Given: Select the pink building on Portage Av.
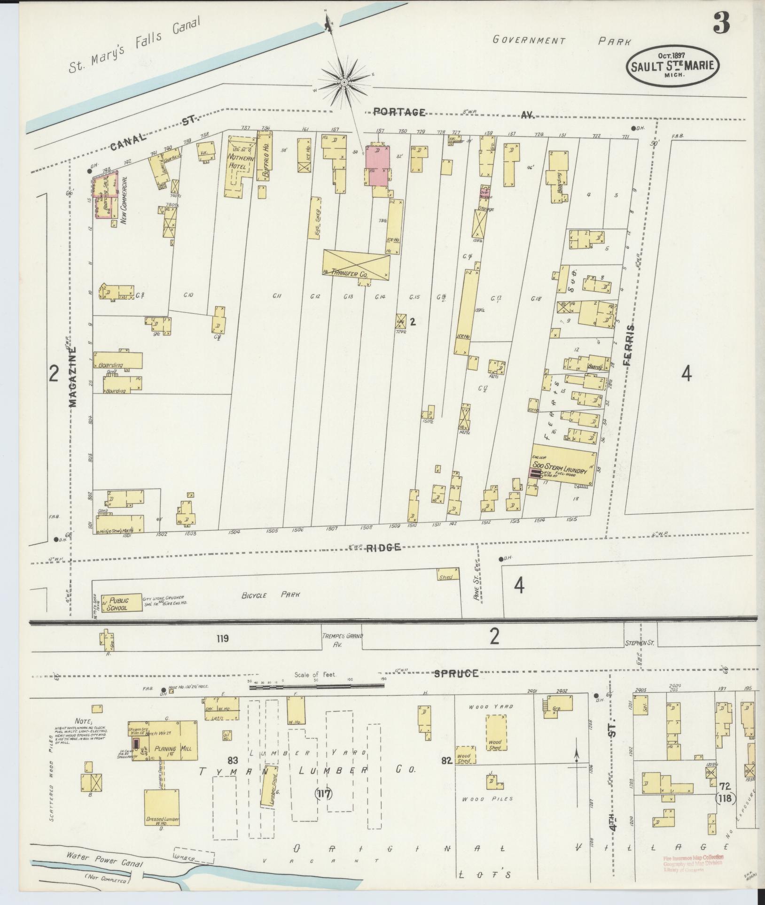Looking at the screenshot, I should pos(378,166).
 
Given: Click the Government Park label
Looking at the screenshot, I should pos(561,41).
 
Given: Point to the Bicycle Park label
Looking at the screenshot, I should pos(272,595).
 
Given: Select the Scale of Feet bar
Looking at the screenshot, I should pos(316,687).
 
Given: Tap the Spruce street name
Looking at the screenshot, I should pos(456,673).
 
